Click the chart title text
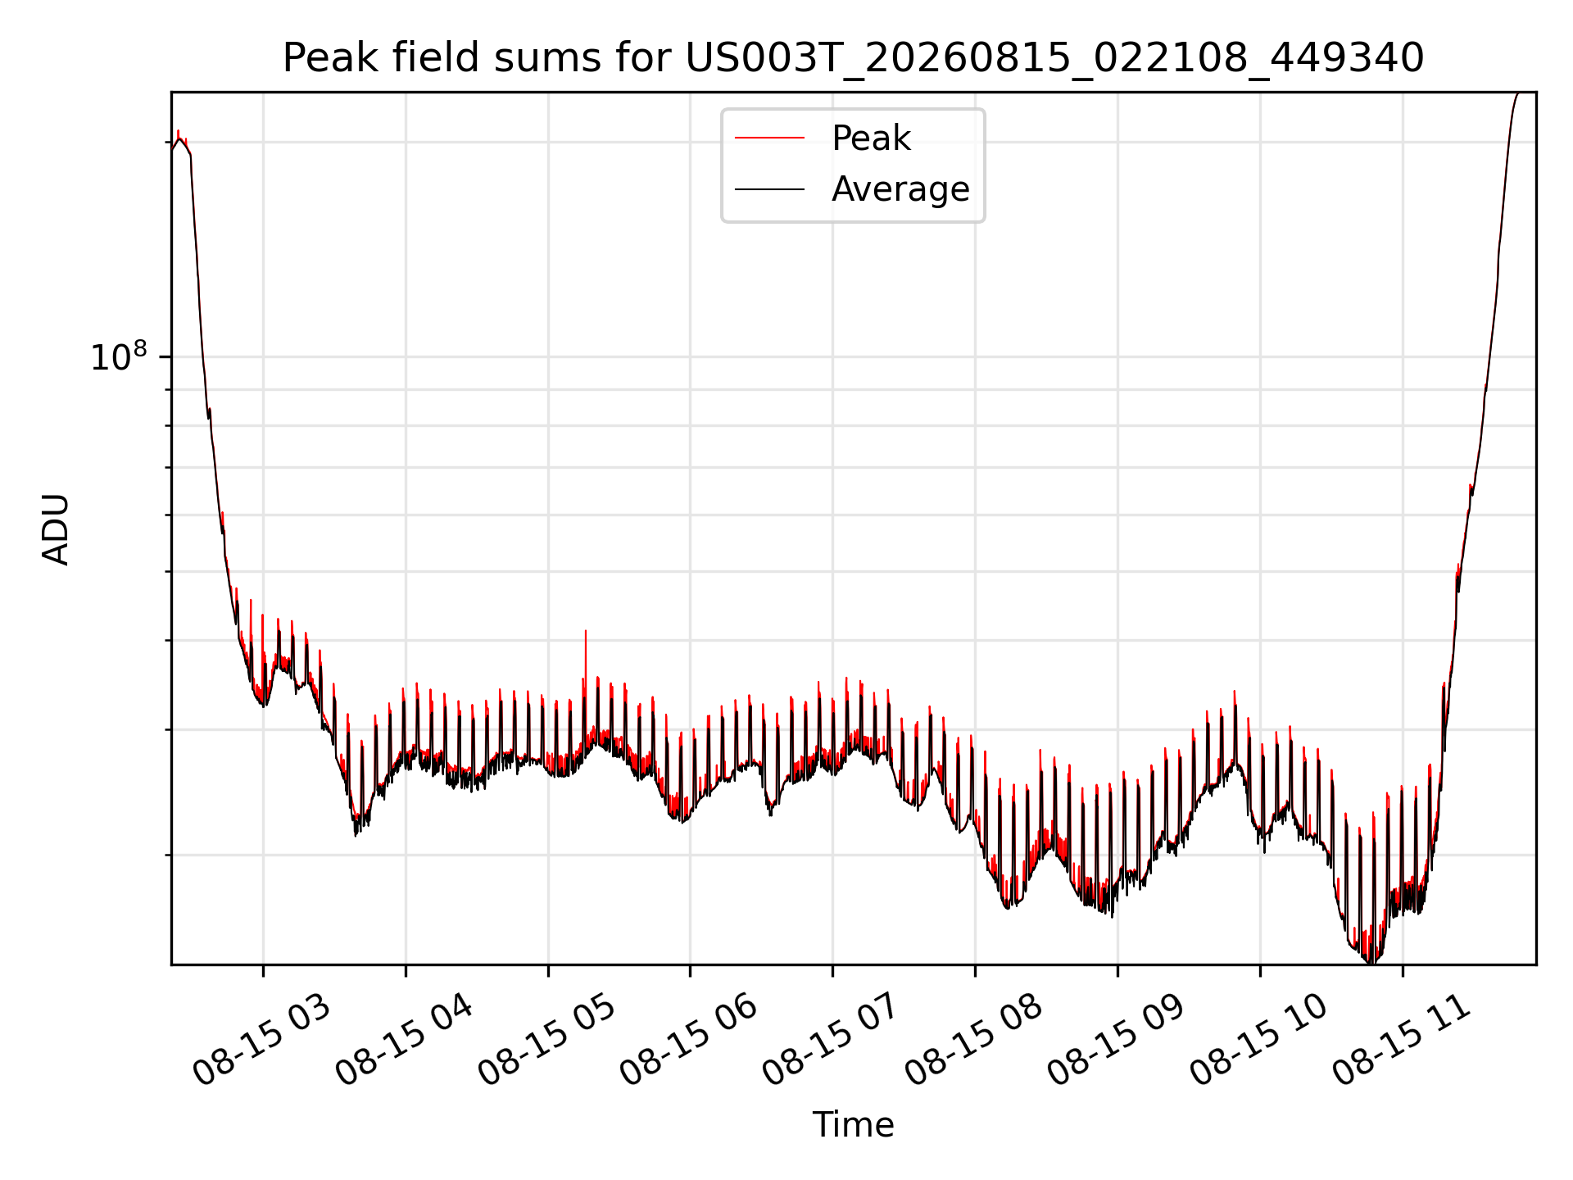(853, 58)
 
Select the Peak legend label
(871, 138)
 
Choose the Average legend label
(900, 189)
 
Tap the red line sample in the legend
(769, 138)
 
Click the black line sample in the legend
(769, 189)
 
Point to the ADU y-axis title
(56, 529)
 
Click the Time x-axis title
(853, 1124)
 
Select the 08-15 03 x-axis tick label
(261, 1041)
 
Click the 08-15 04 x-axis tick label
(403, 1041)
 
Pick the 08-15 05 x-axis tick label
(546, 1041)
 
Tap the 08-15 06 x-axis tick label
(688, 1041)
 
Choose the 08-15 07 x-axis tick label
(831, 1041)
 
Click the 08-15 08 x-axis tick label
(973, 1041)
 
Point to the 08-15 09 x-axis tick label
(1116, 1041)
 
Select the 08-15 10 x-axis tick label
(1258, 1041)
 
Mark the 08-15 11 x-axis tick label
(1401, 1041)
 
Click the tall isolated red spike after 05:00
(585, 656)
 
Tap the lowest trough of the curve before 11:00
(1371, 960)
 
